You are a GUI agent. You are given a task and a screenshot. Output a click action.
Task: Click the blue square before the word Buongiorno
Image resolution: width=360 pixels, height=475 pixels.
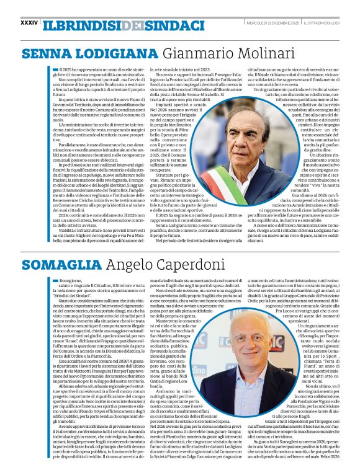(55, 263)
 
